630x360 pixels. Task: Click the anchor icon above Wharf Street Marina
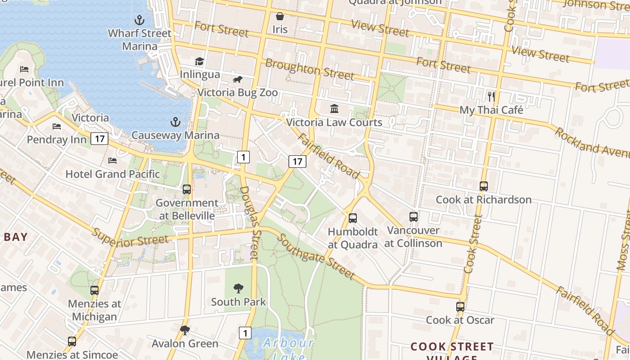pyautogui.click(x=139, y=20)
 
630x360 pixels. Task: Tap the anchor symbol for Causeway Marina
pyautogui.click(x=175, y=122)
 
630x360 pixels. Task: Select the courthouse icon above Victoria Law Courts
pyautogui.click(x=334, y=108)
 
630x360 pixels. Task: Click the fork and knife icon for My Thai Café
pyautogui.click(x=491, y=96)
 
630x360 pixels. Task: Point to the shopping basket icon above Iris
pyautogui.click(x=280, y=17)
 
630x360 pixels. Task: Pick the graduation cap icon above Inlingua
pyautogui.click(x=199, y=61)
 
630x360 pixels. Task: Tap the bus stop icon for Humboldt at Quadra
pyautogui.click(x=353, y=218)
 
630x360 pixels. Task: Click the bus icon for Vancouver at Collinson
pyautogui.click(x=414, y=217)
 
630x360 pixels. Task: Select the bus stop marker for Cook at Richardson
pyautogui.click(x=484, y=186)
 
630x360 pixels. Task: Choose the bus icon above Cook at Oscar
pyautogui.click(x=460, y=307)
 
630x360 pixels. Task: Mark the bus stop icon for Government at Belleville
pyautogui.click(x=187, y=189)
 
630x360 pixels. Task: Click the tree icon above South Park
pyautogui.click(x=238, y=288)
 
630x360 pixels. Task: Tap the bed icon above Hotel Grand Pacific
pyautogui.click(x=112, y=161)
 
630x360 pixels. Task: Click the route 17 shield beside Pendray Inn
pyautogui.click(x=99, y=139)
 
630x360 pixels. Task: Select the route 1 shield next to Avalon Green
pyautogui.click(x=245, y=333)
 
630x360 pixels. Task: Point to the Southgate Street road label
pyautogui.click(x=315, y=257)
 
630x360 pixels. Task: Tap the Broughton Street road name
pyautogui.click(x=310, y=69)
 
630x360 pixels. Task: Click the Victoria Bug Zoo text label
pyautogui.click(x=238, y=93)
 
